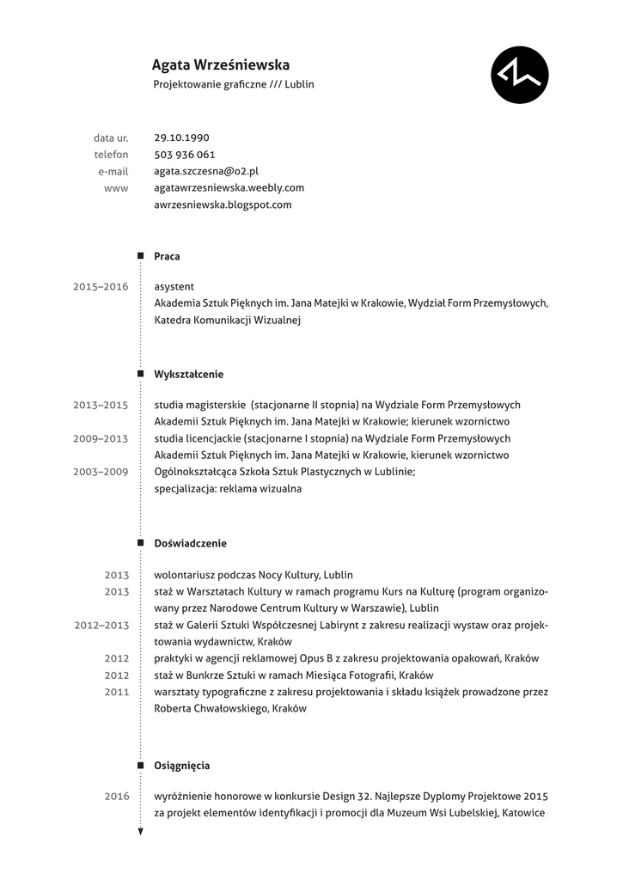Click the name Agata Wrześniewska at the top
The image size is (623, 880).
[221, 64]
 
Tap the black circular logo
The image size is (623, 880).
[520, 75]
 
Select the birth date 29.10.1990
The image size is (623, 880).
[181, 137]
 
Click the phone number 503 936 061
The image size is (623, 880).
[185, 155]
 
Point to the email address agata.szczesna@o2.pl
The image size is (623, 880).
[206, 171]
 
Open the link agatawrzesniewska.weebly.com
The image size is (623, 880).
[229, 187]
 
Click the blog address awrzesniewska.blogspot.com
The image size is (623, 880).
[223, 205]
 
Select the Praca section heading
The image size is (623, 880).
[167, 256]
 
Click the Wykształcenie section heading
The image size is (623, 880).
[189, 375]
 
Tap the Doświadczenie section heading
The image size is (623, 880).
[190, 543]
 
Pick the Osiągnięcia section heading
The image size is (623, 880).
[182, 765]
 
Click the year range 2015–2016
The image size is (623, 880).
[101, 287]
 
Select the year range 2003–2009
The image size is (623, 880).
[101, 472]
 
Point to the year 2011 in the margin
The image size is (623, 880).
[117, 692]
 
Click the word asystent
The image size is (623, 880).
[174, 286]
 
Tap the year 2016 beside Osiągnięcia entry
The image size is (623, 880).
[117, 797]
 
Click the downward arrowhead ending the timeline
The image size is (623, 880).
[141, 831]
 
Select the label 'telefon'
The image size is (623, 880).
[112, 155]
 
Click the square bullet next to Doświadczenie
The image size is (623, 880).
[141, 543]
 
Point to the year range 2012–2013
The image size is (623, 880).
[101, 625]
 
